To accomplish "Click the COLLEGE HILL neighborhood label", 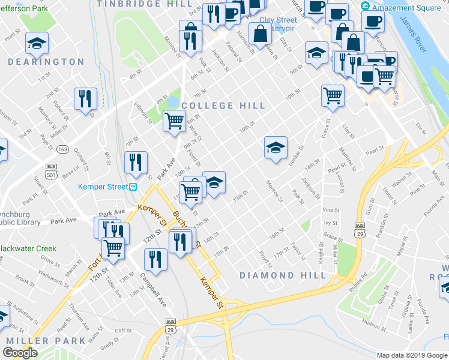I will [x=223, y=106].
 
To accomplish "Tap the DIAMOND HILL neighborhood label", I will [x=283, y=275].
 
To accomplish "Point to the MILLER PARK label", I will [x=46, y=340].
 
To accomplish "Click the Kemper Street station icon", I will [x=132, y=187].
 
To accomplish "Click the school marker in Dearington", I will [x=37, y=43].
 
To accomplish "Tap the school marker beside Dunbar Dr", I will [x=276, y=148].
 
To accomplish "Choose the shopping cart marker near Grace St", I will [x=333, y=95].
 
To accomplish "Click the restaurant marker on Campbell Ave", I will [x=155, y=260].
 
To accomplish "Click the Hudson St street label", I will [x=374, y=325].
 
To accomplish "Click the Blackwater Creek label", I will [x=28, y=248].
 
